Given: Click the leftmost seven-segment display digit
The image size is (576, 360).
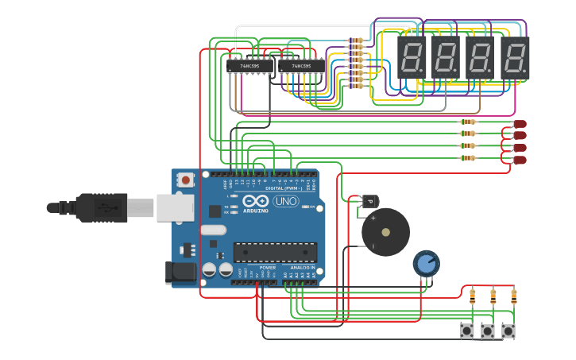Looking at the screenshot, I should (x=413, y=57).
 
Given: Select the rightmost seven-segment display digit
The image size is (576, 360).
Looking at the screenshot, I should (x=515, y=57).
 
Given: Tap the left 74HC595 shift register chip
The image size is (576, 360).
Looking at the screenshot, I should (x=249, y=67).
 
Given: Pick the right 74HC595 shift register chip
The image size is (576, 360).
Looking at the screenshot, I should (x=301, y=67).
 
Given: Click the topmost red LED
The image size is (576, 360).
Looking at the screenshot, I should (x=520, y=124).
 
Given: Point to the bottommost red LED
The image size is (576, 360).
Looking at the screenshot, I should (x=520, y=160).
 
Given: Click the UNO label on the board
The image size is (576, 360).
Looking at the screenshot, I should (x=285, y=202).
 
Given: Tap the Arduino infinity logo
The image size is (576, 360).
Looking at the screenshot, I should (x=256, y=202).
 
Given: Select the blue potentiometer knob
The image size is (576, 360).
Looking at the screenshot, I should (x=427, y=263).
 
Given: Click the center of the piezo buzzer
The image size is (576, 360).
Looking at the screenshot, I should (x=385, y=232).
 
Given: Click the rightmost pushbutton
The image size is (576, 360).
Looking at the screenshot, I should (x=508, y=331).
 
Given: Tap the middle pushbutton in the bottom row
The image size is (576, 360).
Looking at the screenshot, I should (x=487, y=331).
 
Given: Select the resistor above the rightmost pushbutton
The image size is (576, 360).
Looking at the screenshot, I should (x=513, y=297).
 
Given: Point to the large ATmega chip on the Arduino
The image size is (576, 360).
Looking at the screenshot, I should (x=275, y=252).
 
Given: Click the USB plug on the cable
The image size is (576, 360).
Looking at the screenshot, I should (x=103, y=207).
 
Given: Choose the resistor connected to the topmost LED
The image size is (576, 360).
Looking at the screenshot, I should (x=468, y=122).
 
